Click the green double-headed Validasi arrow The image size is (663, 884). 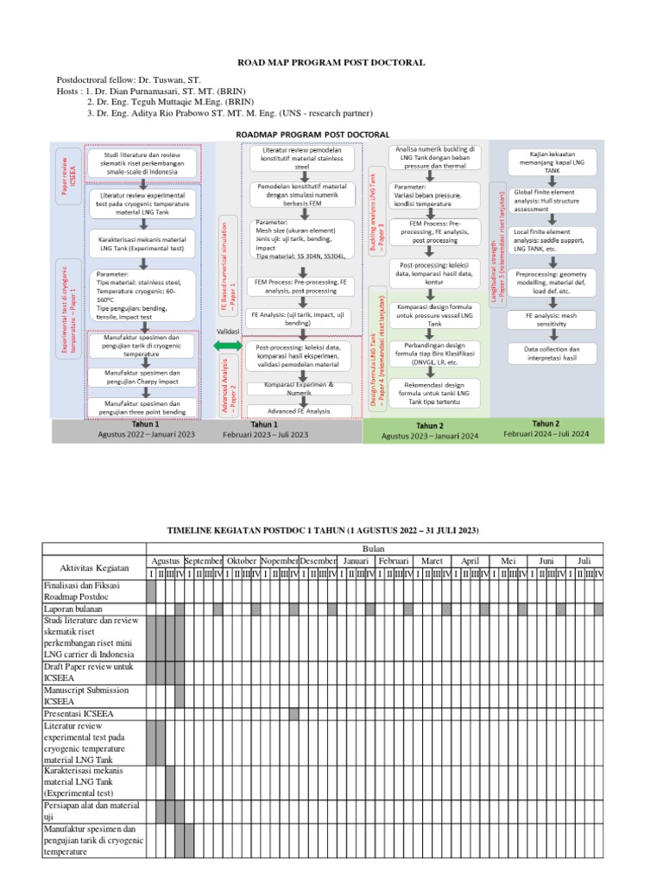point(229,345)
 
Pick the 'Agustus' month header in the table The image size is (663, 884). point(165,560)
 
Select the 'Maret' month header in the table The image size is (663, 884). point(433,560)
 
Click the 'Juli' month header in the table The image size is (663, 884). point(584,560)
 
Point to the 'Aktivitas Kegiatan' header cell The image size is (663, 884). point(93,567)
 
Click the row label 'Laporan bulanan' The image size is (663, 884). point(74,609)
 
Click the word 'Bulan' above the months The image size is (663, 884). point(375,548)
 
